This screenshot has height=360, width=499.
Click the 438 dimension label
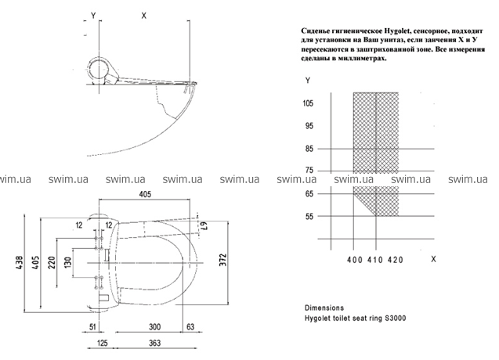click(x=20, y=263)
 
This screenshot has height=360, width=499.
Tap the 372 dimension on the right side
click(x=223, y=260)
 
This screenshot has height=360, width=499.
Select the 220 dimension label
click(x=52, y=263)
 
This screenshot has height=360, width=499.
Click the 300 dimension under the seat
click(x=154, y=327)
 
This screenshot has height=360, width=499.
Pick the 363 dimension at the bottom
click(x=154, y=343)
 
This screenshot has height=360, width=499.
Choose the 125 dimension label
click(x=102, y=343)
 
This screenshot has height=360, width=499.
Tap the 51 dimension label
click(x=92, y=327)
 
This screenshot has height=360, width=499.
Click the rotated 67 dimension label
click(x=204, y=226)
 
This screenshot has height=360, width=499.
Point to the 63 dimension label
click(x=190, y=327)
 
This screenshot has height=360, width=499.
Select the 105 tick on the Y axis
click(x=308, y=103)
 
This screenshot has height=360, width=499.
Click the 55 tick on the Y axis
click(x=309, y=217)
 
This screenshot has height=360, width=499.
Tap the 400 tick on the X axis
click(x=355, y=260)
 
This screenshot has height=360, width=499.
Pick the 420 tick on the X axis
click(x=396, y=260)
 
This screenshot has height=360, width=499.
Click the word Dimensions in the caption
click(x=324, y=308)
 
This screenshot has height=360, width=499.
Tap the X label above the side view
click(x=144, y=16)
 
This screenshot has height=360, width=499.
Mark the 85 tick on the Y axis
click(x=309, y=149)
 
